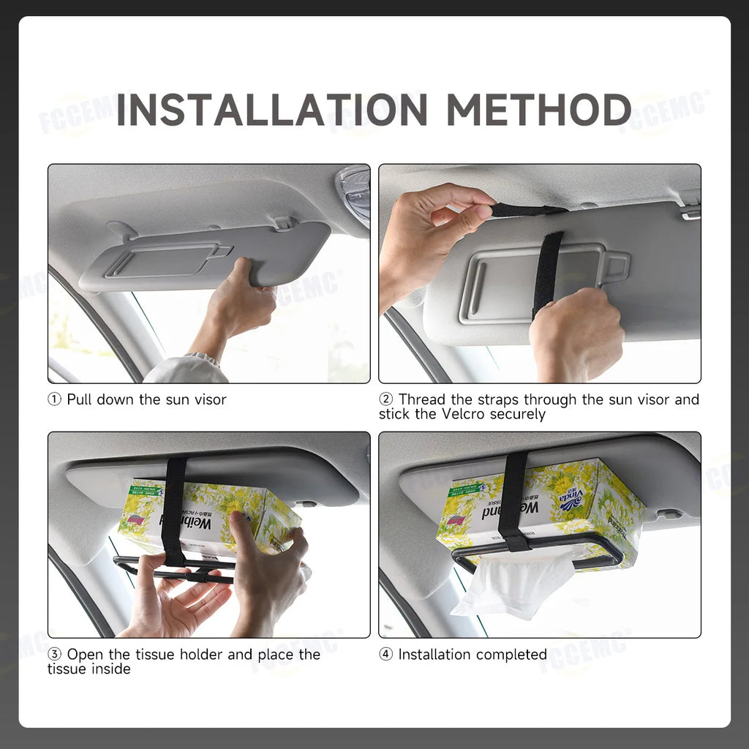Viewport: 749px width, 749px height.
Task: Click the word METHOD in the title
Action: [x=538, y=110]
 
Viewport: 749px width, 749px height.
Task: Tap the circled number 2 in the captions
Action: [x=386, y=400]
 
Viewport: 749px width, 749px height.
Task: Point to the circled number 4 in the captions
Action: [x=386, y=655]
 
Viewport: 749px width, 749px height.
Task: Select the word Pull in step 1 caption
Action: [x=80, y=400]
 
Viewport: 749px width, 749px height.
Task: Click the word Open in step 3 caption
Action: [x=85, y=655]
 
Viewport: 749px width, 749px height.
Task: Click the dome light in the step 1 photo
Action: [x=355, y=192]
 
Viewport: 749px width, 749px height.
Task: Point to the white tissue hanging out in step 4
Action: [x=512, y=585]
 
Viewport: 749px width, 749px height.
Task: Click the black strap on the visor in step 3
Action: [x=174, y=505]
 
